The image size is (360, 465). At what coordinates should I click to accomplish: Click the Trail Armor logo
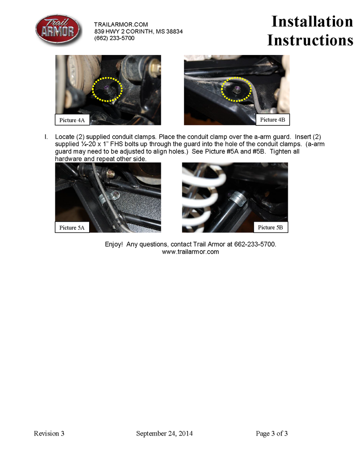pos(58,30)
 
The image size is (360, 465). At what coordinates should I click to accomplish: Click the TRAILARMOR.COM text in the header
pos(121,24)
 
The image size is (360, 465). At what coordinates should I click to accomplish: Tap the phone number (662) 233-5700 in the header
pos(114,38)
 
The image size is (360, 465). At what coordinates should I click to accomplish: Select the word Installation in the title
pos(312,21)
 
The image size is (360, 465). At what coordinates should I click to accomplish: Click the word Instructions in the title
pos(310,40)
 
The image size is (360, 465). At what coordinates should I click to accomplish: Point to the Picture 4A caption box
pos(72,120)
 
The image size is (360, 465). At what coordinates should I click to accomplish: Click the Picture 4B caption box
pos(273,119)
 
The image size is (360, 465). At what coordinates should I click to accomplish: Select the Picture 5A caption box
pos(72,227)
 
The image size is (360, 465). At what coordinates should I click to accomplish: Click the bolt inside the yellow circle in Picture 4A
pos(108,89)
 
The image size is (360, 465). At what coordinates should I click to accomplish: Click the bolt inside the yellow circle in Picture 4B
pos(235,89)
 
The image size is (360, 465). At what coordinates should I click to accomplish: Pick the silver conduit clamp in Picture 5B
pos(237,198)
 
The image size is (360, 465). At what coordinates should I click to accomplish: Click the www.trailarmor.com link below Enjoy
pos(190,252)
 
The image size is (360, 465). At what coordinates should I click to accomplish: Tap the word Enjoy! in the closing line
pos(114,244)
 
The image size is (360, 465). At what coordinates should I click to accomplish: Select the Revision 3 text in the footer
pos(49,433)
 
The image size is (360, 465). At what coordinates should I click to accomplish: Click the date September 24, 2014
pos(165,433)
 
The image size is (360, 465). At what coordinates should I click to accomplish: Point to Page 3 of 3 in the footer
pos(272,433)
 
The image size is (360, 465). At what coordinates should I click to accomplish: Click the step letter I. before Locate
pos(45,137)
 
